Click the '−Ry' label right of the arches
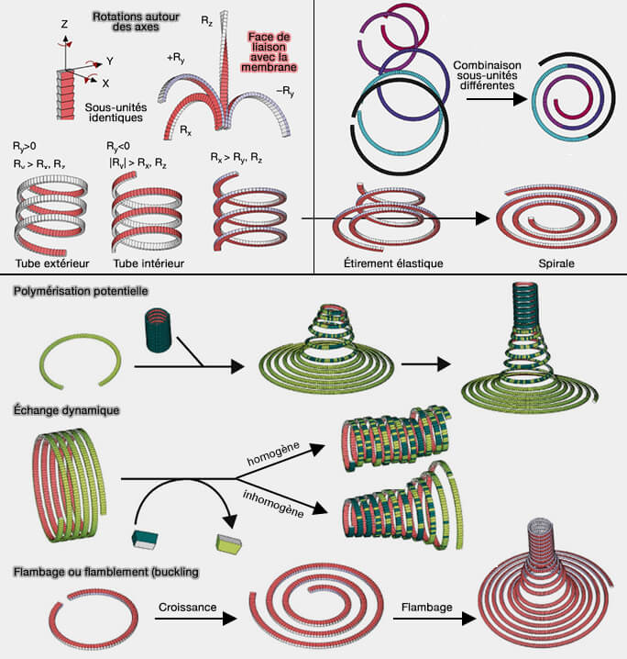tap(286, 90)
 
